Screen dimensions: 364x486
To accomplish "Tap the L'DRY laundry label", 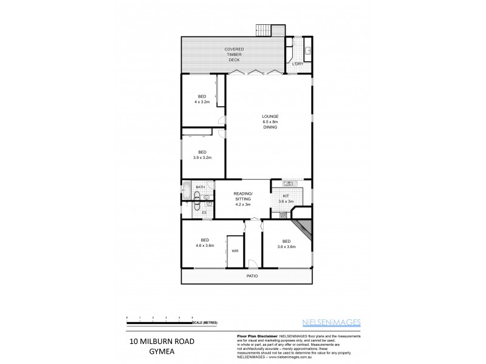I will [297, 64].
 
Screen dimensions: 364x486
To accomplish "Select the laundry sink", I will [307, 50].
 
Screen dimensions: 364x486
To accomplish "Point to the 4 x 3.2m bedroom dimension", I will [201, 103].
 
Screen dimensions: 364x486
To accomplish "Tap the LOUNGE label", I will [270, 116].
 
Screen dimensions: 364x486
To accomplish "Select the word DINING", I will [270, 127].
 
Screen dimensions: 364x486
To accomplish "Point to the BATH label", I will [200, 187].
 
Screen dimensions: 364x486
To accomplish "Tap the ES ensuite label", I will [204, 212].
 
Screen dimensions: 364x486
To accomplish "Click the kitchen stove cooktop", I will [282, 215].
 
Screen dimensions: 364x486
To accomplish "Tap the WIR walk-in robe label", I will [234, 250].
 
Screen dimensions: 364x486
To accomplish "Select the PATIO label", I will [252, 276].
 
